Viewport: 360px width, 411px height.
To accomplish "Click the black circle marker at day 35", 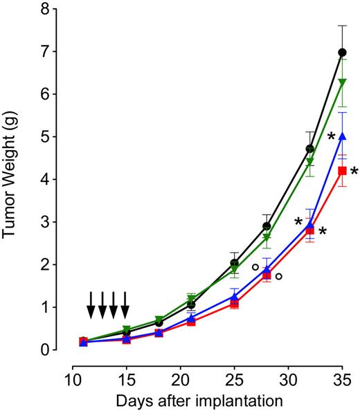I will tap(341, 53).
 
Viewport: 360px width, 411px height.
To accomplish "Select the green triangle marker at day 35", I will tap(341, 82).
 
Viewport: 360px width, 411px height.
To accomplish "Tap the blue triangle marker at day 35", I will tap(341, 136).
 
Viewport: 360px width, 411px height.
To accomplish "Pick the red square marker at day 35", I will tap(341, 170).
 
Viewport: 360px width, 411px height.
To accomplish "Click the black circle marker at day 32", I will tap(310, 149).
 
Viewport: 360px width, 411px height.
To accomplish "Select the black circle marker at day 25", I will tap(234, 263).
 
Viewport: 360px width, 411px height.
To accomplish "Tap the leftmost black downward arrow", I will tap(91, 304).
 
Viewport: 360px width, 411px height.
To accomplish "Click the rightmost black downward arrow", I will tap(125, 304).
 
